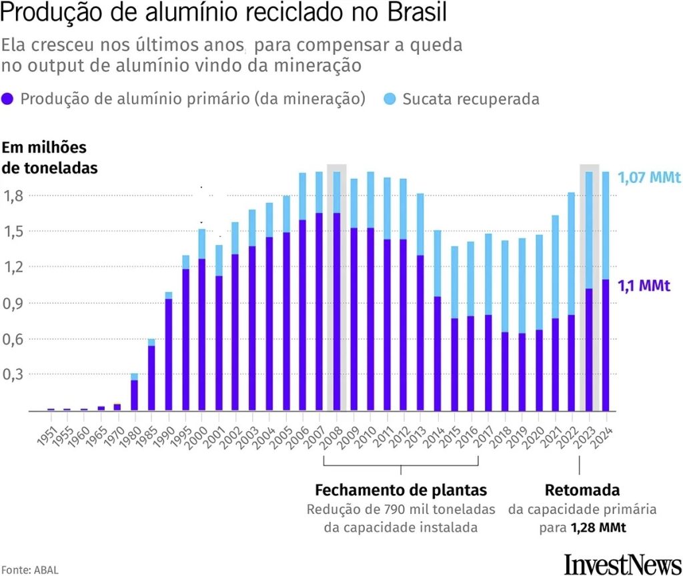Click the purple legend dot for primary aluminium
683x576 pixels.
[9, 99]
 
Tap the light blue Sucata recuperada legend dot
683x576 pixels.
[390, 99]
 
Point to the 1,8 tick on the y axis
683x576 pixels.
[13, 196]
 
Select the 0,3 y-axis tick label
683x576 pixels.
[13, 374]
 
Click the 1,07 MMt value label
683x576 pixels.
[648, 178]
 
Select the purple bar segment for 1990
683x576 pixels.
[169, 354]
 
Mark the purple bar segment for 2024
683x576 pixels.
[606, 344]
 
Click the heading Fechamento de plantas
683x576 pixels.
[400, 490]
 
